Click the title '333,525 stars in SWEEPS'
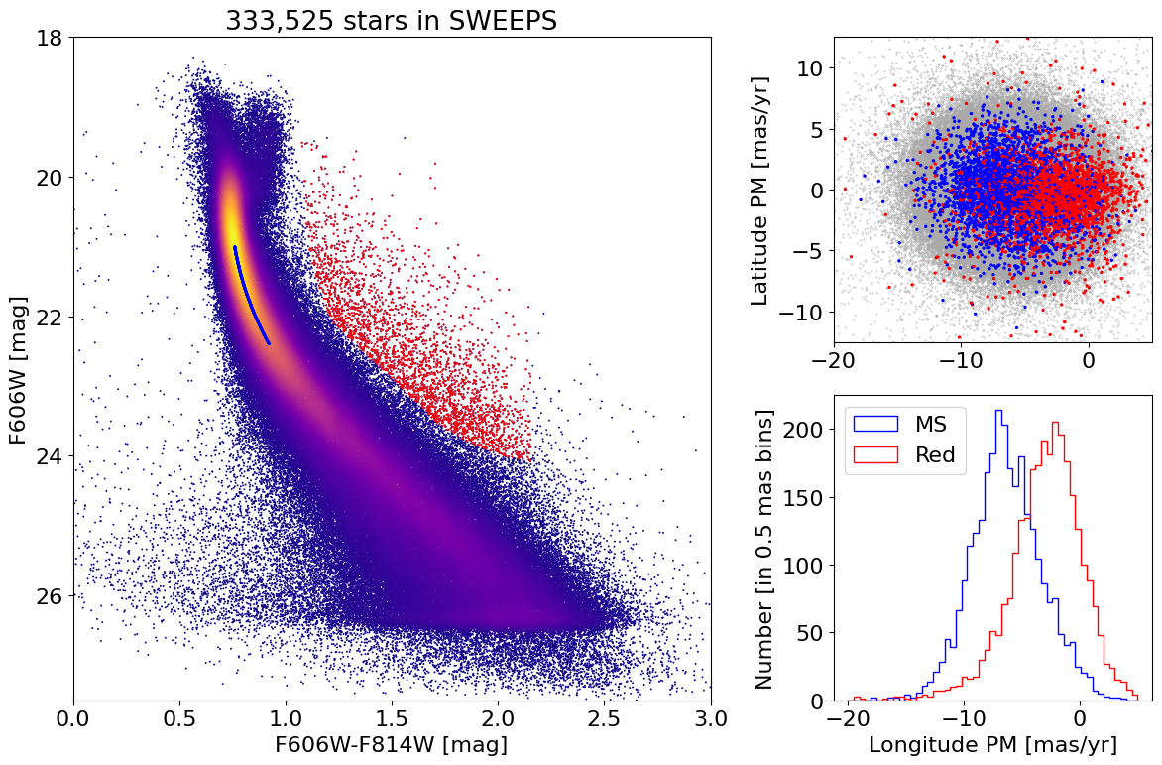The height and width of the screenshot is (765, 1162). pyautogui.click(x=392, y=21)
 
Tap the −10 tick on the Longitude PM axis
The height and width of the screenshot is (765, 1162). pyautogui.click(x=962, y=717)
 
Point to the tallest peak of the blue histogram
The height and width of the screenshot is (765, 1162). pyautogui.click(x=998, y=411)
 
